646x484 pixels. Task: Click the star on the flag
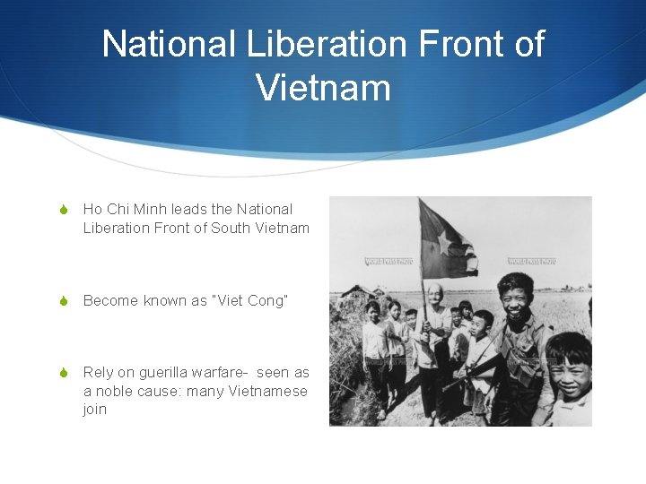444,241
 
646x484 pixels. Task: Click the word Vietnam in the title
323,88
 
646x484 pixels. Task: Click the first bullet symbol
62,210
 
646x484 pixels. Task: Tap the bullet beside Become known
62,301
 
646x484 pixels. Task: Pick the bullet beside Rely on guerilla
62,373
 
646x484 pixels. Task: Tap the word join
94,410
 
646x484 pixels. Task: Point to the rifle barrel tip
442,387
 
